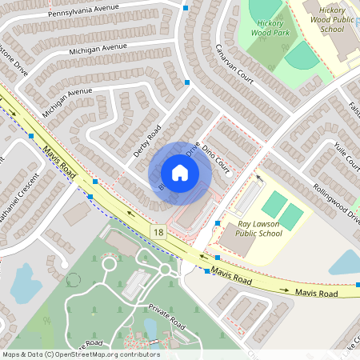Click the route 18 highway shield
(158, 231)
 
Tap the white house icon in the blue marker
(180, 173)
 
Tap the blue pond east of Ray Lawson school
(345, 263)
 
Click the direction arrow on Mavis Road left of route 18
(129, 215)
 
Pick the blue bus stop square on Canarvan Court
(187, 82)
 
